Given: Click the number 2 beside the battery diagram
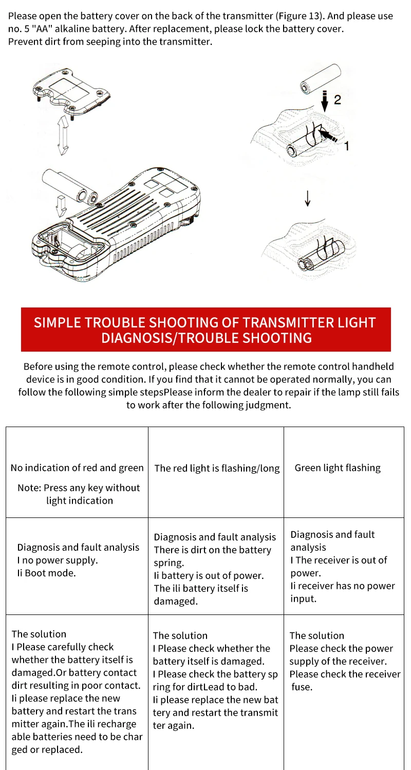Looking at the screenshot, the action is click(x=338, y=100).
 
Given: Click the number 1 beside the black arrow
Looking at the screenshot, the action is click(x=347, y=146).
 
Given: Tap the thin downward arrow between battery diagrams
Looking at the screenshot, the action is click(x=308, y=198).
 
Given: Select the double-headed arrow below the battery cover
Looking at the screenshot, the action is click(x=63, y=135).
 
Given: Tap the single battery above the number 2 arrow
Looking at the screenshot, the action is click(x=321, y=79).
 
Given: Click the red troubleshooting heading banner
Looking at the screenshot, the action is click(x=206, y=330).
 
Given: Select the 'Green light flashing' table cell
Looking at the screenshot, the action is click(x=344, y=472).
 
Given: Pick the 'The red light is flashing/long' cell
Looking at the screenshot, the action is click(x=216, y=472).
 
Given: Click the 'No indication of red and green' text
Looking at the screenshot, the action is click(x=77, y=468).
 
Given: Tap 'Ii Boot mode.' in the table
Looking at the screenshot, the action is click(x=46, y=573).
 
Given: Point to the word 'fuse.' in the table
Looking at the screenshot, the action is click(x=302, y=687).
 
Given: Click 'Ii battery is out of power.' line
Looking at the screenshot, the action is click(x=209, y=575).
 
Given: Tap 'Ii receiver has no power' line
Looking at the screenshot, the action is click(x=343, y=586).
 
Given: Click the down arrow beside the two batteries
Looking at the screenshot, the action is click(x=62, y=206).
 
